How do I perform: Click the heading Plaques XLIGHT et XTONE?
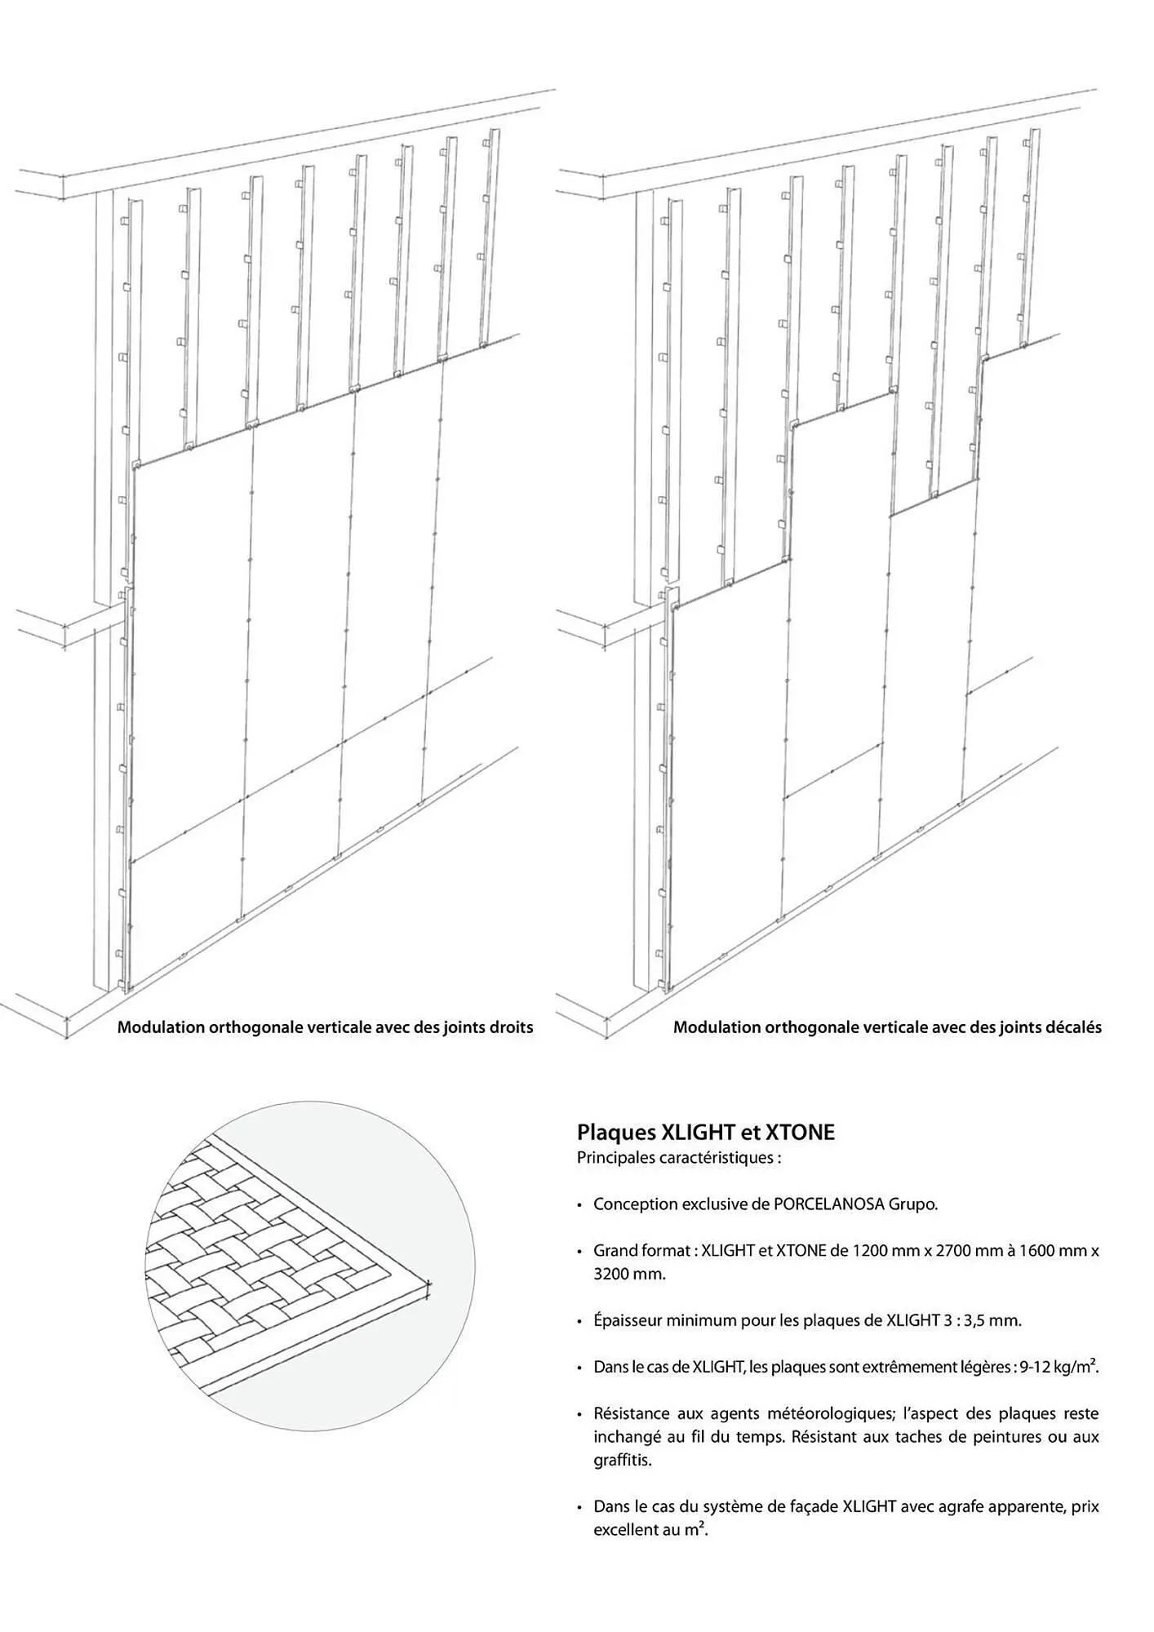point(705,1132)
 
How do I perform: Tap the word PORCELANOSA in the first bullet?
point(828,1204)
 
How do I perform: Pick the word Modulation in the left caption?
point(160,1027)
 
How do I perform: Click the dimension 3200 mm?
point(629,1274)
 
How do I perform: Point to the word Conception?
point(635,1204)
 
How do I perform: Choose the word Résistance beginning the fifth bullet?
point(632,1414)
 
